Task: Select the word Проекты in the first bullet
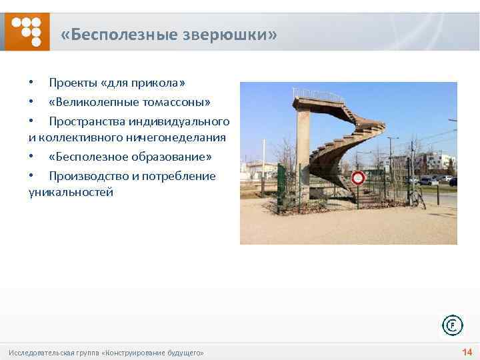pos(73,83)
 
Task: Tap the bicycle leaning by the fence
pos(417,198)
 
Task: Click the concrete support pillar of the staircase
pos(303,153)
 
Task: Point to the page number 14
pos(467,352)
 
